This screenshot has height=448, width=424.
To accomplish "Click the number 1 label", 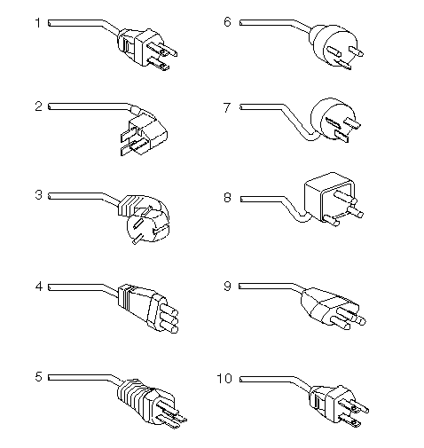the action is coord(37,23).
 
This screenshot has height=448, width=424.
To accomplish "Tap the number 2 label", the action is coord(38,106).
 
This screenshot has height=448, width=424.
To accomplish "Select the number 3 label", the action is coord(38,195).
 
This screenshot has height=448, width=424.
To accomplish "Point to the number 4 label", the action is coord(39,287).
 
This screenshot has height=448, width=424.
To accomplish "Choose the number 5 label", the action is coord(38,377).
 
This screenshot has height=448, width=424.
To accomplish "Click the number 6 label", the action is coord(227,22).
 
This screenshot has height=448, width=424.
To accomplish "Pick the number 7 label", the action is coord(227,107).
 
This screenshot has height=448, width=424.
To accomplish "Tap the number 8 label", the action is coord(227,198).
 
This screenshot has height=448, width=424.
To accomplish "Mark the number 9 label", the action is coord(227,287).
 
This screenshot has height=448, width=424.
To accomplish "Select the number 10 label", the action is coord(224,378).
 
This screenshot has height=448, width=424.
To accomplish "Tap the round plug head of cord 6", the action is coord(336,47).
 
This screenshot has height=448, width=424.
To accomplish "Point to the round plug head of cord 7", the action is coord(335,120).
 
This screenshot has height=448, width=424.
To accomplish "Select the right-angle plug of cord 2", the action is coord(144,132).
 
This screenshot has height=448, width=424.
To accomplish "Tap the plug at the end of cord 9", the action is coord(333,309).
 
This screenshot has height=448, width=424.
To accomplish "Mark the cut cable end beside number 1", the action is coord(49,23).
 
